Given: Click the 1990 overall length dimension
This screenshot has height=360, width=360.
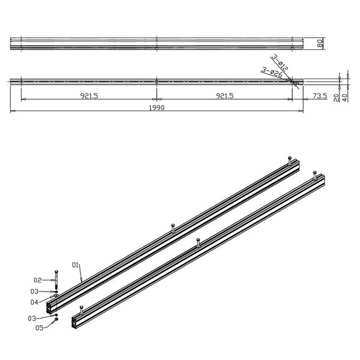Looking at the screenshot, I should [x=155, y=107].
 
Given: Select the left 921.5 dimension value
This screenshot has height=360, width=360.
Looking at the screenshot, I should [x=87, y=95].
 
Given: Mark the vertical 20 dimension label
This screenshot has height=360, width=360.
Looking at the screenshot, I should [x=337, y=96].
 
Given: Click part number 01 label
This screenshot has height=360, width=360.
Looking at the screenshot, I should [x=76, y=265].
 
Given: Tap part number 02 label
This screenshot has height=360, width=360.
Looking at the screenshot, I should [x=37, y=280].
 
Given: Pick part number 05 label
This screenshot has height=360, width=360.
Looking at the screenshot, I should [x=40, y=328].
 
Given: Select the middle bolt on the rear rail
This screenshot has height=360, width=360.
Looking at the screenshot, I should [x=173, y=226].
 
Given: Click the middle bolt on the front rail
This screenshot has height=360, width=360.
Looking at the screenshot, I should [x=197, y=242].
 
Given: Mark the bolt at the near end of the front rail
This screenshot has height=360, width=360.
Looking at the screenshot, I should [x=80, y=310].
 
